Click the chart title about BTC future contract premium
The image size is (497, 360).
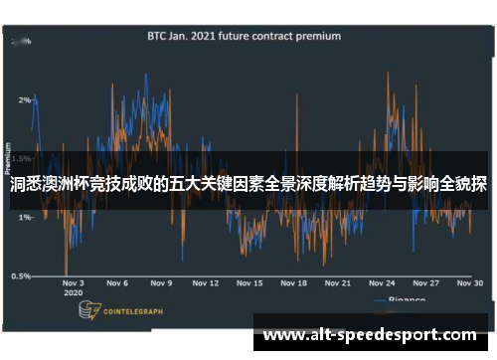(x=244, y=36)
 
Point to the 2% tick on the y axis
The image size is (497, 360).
(x=24, y=99)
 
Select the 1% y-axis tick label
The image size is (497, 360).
(x=24, y=217)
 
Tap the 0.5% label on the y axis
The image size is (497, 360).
(x=22, y=275)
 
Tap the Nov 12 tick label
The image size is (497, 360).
(x=205, y=282)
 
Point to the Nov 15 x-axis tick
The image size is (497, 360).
(x=249, y=282)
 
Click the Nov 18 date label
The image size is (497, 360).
(x=294, y=282)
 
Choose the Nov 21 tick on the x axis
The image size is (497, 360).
(x=339, y=282)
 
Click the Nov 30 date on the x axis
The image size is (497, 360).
(x=469, y=282)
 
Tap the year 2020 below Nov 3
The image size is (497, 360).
(x=72, y=293)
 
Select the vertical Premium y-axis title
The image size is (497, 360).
(x=10, y=158)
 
